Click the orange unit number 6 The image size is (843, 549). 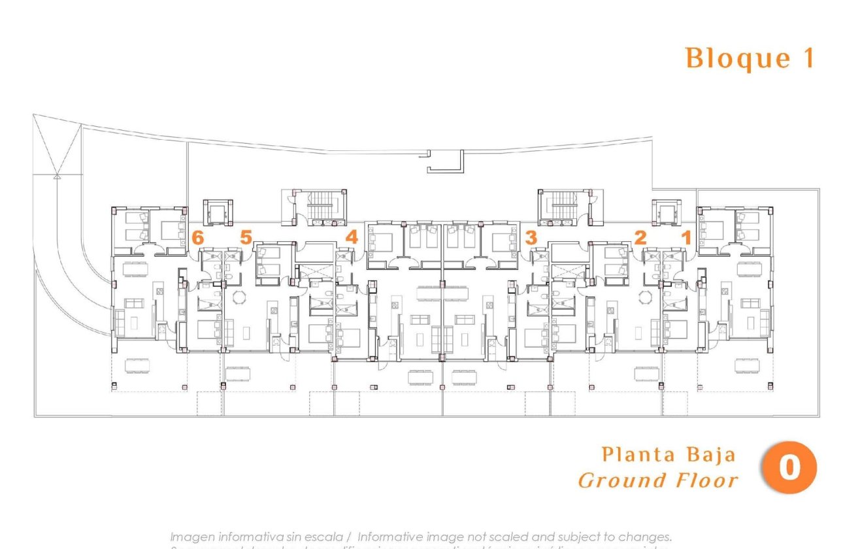pyautogui.click(x=197, y=238)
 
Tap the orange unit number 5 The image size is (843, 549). pyautogui.click(x=245, y=238)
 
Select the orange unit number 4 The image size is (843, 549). pyautogui.click(x=352, y=238)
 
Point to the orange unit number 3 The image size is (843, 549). pyautogui.click(x=531, y=238)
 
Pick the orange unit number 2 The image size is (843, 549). pyautogui.click(x=640, y=238)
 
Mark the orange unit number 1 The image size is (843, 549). pyautogui.click(x=686, y=238)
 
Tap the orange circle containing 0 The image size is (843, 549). pyautogui.click(x=789, y=468)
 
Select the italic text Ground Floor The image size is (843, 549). pyautogui.click(x=658, y=481)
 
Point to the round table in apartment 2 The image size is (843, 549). pyautogui.click(x=646, y=298)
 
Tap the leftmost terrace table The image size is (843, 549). pyautogui.click(x=137, y=365)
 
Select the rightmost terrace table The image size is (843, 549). pyautogui.click(x=747, y=365)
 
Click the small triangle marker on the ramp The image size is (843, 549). pyautogui.click(x=57, y=175)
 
